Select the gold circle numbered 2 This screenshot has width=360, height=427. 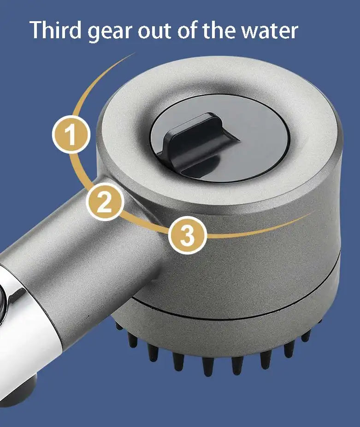pyautogui.click(x=105, y=202)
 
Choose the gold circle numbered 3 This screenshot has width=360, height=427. pyautogui.click(x=187, y=235)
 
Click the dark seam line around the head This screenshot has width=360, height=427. pyautogui.click(x=230, y=317)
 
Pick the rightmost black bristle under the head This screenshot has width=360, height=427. pyautogui.click(x=305, y=336)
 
